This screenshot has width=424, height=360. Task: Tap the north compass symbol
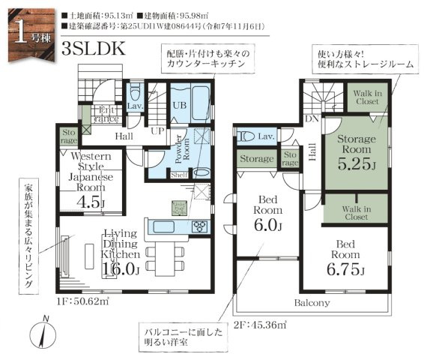[43, 332]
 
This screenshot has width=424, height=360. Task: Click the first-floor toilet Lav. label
[136, 106]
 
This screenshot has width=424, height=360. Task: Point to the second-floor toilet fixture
[246, 136]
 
